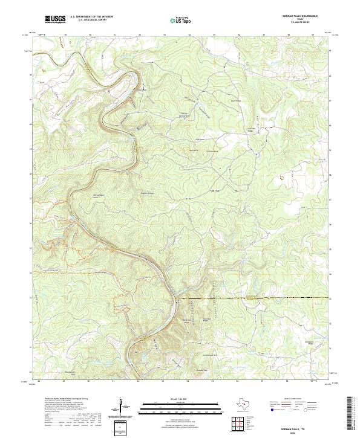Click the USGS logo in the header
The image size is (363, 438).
pyautogui.click(x=55, y=19)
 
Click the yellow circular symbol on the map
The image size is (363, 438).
pyautogui.click(x=282, y=177)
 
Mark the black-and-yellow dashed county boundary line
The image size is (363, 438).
pyautogui.click(x=254, y=298)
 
